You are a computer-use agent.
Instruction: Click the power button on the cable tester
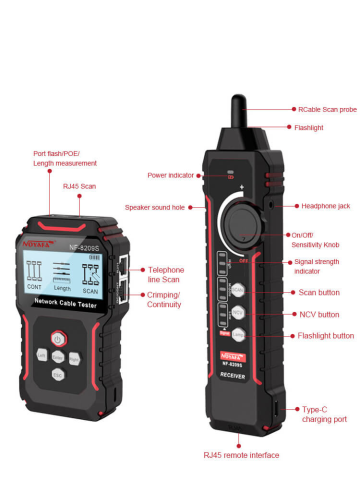(x=58, y=339)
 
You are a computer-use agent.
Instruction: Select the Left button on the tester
(x=42, y=355)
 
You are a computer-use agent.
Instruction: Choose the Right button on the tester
(x=74, y=358)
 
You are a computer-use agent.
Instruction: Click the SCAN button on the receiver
(x=237, y=290)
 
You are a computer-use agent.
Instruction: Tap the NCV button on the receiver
(x=237, y=312)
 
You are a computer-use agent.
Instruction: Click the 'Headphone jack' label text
(x=325, y=206)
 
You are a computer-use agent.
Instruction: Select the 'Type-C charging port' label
(x=324, y=414)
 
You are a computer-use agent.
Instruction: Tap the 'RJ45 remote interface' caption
(x=241, y=455)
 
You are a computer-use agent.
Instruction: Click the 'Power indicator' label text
(x=170, y=175)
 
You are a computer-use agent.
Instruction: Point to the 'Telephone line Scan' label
(x=166, y=274)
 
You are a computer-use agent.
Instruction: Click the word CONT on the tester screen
(x=34, y=287)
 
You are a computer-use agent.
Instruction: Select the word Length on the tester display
(x=62, y=288)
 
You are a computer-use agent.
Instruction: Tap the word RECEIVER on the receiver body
(x=232, y=375)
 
